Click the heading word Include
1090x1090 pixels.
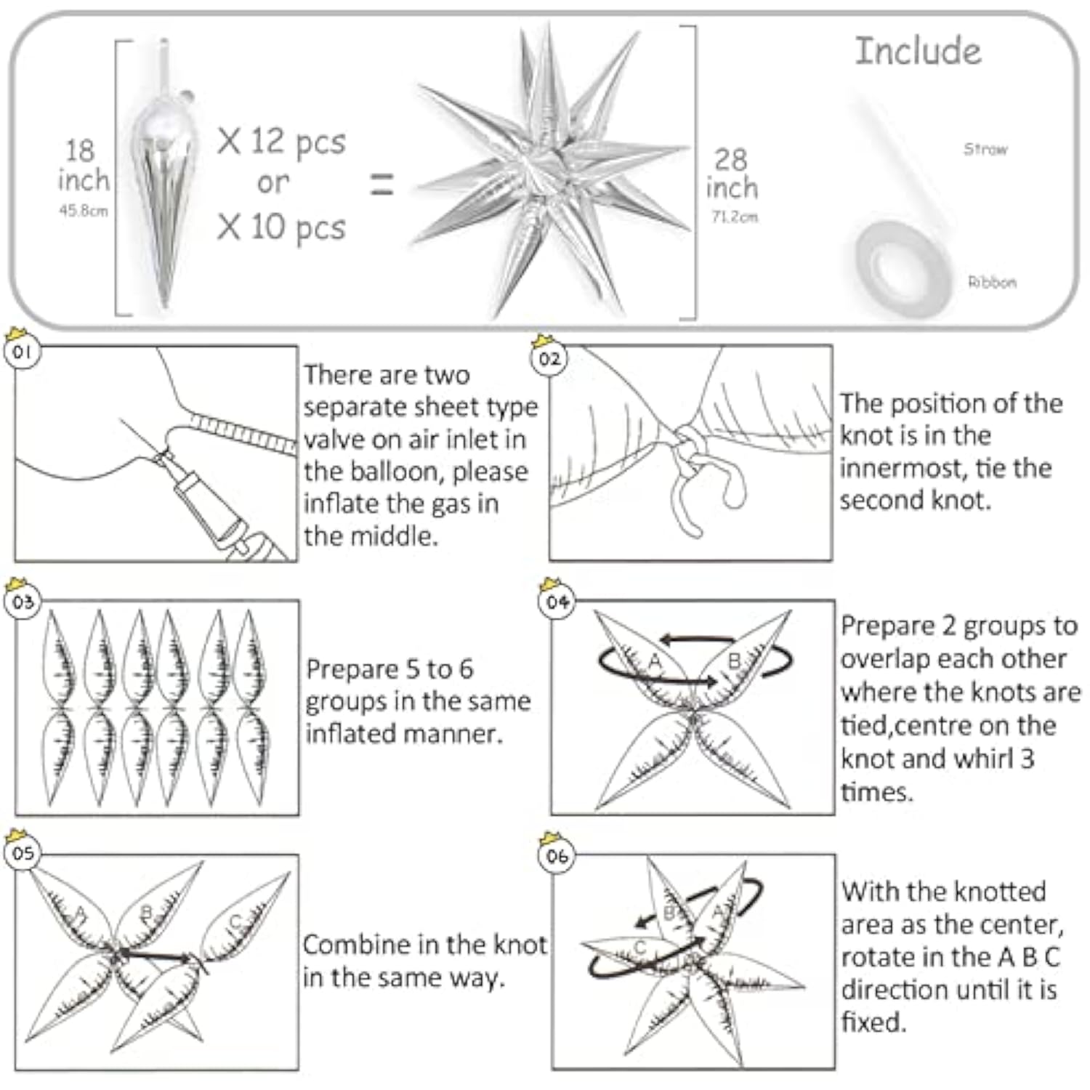pyautogui.click(x=918, y=52)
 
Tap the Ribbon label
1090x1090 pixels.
pyautogui.click(x=992, y=282)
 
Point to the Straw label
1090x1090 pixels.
pyautogui.click(x=985, y=149)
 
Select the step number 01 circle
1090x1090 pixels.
pyautogui.click(x=23, y=352)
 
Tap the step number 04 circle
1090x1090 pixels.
pyautogui.click(x=557, y=602)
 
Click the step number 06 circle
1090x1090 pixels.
pyautogui.click(x=557, y=856)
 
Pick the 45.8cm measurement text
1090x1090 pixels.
pyautogui.click(x=84, y=211)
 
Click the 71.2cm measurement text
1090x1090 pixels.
pyautogui.click(x=734, y=217)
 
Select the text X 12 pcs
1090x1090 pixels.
pyautogui.click(x=281, y=141)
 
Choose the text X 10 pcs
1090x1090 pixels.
pyautogui.click(x=281, y=227)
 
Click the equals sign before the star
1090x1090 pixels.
pyautogui.click(x=382, y=184)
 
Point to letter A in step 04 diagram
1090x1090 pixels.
pyautogui.click(x=655, y=661)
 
